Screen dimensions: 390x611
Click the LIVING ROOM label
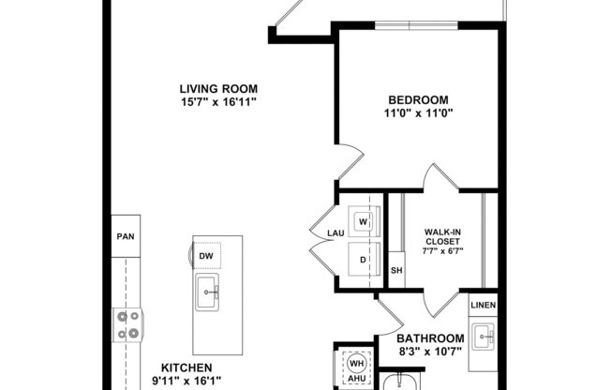tap(218, 89)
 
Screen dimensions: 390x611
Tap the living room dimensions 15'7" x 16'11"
tap(218, 102)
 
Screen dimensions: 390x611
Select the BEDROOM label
tap(417, 100)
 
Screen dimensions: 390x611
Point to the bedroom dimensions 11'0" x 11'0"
tap(417, 113)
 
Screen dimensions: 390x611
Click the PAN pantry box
tap(125, 237)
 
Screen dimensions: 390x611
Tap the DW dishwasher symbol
tap(206, 254)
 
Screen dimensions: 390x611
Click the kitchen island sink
tap(206, 293)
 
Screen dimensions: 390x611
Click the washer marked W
tap(362, 221)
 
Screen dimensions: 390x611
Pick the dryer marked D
tap(362, 259)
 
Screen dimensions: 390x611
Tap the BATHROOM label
tap(430, 338)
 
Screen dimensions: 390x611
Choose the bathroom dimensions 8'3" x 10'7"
tap(430, 352)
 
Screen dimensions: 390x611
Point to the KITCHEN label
tap(186, 368)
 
